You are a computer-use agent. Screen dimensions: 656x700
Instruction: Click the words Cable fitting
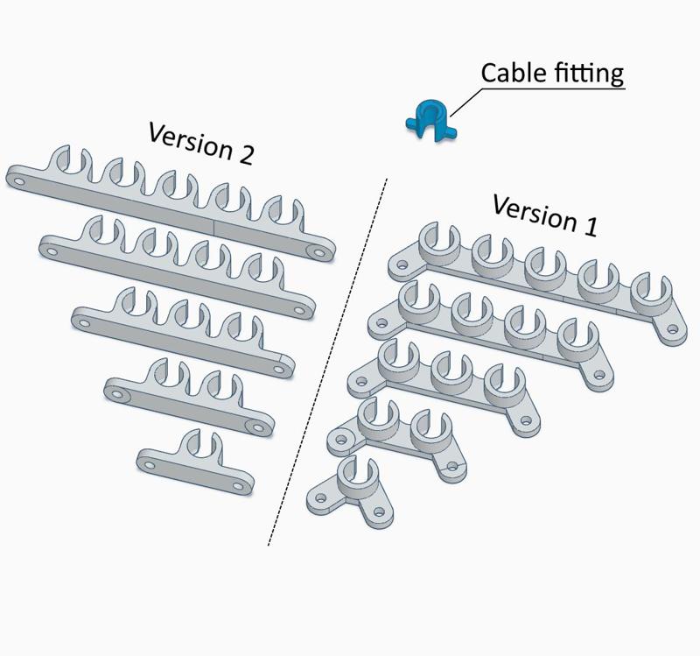[x=552, y=73]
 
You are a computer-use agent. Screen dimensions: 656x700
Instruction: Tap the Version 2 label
[x=201, y=142]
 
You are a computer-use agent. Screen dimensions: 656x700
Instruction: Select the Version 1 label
[x=544, y=215]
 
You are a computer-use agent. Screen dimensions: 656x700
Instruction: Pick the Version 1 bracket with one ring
[x=350, y=486]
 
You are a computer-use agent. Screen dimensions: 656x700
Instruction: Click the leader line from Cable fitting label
[x=464, y=102]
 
